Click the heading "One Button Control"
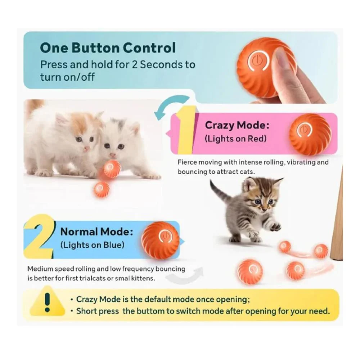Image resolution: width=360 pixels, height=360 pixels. (x=108, y=48)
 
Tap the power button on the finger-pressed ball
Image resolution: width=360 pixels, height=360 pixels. (x=258, y=60)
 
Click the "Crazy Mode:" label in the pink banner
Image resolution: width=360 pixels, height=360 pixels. (x=237, y=126)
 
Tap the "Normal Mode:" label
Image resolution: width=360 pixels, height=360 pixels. (x=96, y=232)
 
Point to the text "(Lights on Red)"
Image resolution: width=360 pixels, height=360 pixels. (x=235, y=139)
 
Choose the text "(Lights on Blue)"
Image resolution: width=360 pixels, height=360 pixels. (x=92, y=245)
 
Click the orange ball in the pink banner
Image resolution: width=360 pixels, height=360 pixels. (x=310, y=134)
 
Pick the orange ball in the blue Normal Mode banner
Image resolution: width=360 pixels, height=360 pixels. (x=160, y=240)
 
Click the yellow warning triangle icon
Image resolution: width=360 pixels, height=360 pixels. (x=47, y=301)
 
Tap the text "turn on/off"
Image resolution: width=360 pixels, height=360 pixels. (x=67, y=77)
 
